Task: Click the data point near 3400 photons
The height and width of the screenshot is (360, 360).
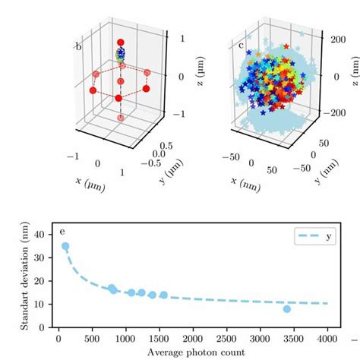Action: (x=287, y=308)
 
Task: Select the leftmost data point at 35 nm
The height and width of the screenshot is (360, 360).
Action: (x=65, y=247)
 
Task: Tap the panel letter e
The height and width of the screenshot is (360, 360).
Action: (x=65, y=232)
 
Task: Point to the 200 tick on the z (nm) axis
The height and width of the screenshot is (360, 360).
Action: (x=332, y=36)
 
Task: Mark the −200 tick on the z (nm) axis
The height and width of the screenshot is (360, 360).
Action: (x=330, y=112)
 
